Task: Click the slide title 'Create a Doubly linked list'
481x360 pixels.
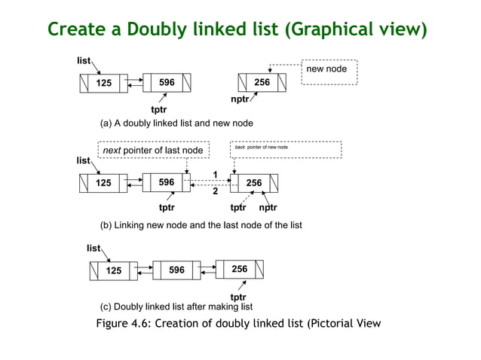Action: click(237, 29)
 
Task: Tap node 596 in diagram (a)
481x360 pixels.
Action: click(167, 82)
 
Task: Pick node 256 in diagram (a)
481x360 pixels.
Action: click(262, 82)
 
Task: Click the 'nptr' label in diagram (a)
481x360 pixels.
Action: click(240, 99)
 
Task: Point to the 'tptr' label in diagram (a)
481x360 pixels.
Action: click(159, 108)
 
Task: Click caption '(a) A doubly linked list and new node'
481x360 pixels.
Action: click(176, 123)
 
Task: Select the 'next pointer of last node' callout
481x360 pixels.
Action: click(152, 151)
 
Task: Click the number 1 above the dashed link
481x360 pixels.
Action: click(215, 175)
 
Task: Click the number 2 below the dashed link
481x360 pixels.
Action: click(215, 191)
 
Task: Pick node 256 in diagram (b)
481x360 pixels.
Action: click(254, 183)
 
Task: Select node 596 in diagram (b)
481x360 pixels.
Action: click(167, 182)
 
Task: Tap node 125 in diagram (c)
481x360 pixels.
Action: click(113, 270)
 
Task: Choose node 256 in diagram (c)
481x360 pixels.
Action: click(239, 269)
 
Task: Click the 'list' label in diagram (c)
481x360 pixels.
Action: click(93, 248)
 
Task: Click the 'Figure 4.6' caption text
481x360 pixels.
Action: click(238, 324)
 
